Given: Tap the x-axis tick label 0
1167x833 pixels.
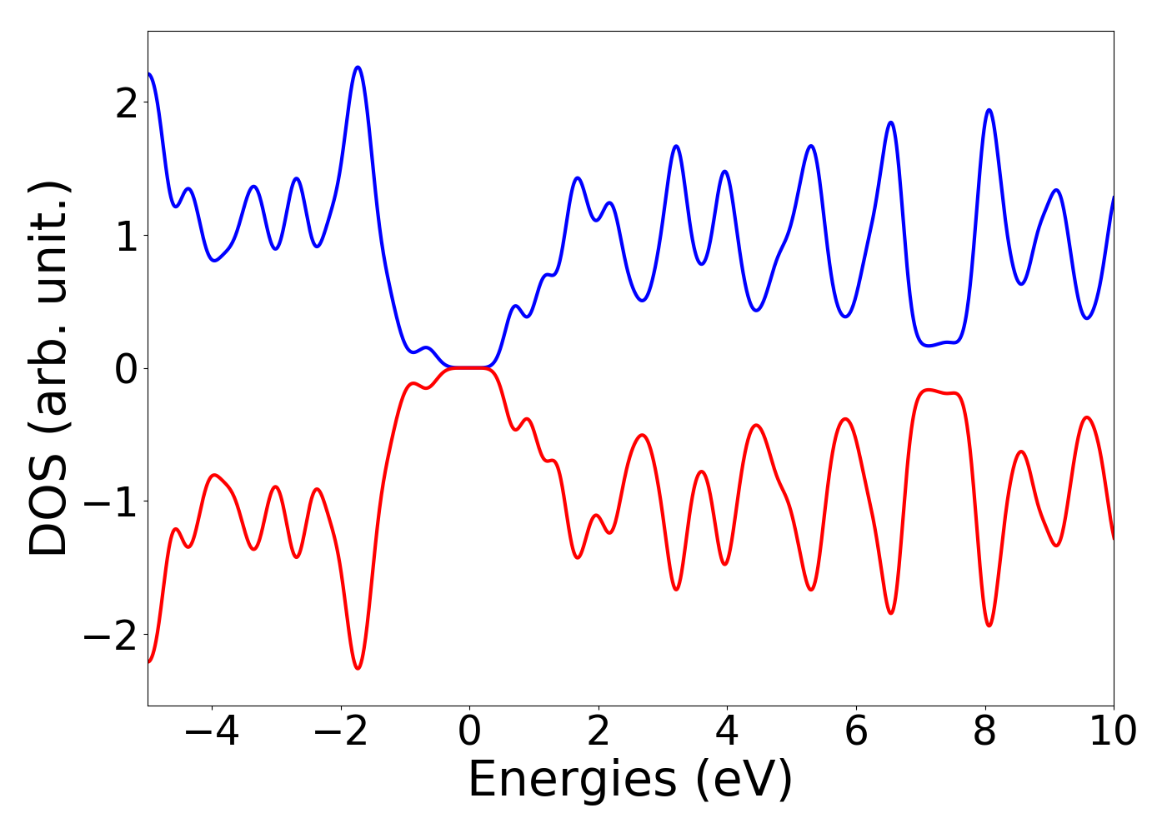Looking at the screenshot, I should click(x=469, y=732).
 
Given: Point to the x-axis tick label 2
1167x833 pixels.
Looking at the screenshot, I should click(x=599, y=732).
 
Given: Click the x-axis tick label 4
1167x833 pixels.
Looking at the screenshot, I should click(x=727, y=732).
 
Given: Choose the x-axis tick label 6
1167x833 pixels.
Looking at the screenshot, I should click(x=856, y=732).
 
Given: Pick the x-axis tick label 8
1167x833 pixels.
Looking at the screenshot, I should click(x=985, y=732).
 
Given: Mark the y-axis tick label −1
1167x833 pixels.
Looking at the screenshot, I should click(x=113, y=501).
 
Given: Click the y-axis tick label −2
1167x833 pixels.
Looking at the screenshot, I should click(x=113, y=635).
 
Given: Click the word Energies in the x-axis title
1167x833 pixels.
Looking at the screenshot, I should click(x=572, y=781).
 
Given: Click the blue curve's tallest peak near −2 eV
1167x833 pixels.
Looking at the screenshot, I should click(x=358, y=67).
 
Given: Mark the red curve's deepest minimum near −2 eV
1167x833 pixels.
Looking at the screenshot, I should click(x=358, y=668).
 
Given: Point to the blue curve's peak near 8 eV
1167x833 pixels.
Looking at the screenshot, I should click(x=989, y=110).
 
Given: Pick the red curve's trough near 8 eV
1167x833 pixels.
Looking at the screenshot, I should click(x=989, y=626).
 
